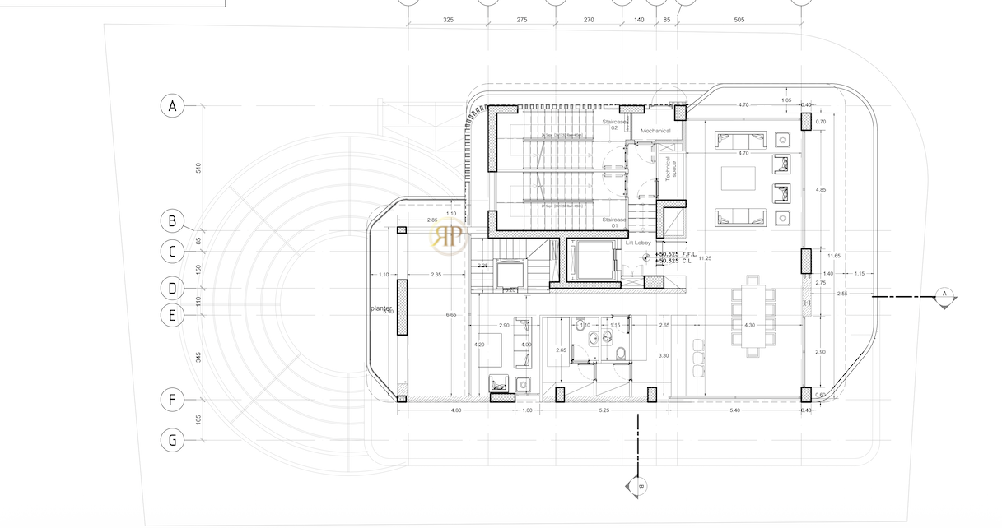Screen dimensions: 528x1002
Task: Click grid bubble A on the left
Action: coord(172,106)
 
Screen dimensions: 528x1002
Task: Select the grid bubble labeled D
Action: coord(172,289)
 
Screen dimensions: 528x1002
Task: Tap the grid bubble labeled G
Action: coord(172,440)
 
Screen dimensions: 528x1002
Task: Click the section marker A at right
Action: coord(945,295)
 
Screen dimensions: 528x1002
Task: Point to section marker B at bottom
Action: coord(639,485)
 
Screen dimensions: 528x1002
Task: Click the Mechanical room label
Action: coord(656,131)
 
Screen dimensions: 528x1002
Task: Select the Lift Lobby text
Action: coord(638,243)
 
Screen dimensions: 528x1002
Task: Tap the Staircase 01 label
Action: coord(614,220)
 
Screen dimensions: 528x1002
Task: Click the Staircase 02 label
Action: coord(615,124)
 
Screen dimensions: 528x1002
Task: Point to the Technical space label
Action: coord(670,168)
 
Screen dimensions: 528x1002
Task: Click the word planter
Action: coord(380,308)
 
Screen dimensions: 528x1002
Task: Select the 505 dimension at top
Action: coord(739,19)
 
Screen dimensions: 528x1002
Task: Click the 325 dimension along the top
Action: coord(448,19)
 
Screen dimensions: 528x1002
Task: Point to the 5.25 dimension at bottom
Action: coord(604,410)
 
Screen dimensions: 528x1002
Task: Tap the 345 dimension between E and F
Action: coord(198,357)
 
